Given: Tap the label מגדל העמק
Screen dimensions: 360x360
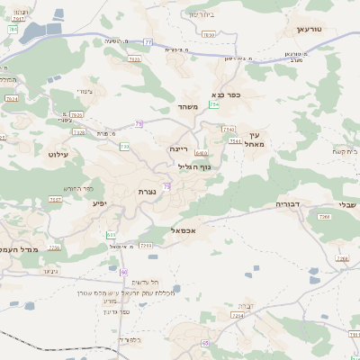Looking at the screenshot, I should (20, 249).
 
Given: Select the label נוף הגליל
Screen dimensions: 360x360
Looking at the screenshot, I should (193, 166).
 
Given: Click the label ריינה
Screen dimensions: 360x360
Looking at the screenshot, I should (177, 148).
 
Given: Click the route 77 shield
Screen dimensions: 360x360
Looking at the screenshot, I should (148, 41).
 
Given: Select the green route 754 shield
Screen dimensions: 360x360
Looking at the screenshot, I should (214, 105).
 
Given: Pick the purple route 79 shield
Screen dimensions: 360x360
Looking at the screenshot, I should (139, 124).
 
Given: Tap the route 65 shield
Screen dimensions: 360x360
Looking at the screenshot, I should (205, 343).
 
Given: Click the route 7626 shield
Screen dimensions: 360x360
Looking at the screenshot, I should (76, 114).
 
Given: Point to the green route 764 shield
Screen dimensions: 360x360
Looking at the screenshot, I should (12, 30).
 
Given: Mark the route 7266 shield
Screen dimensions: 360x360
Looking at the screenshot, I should (341, 258).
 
